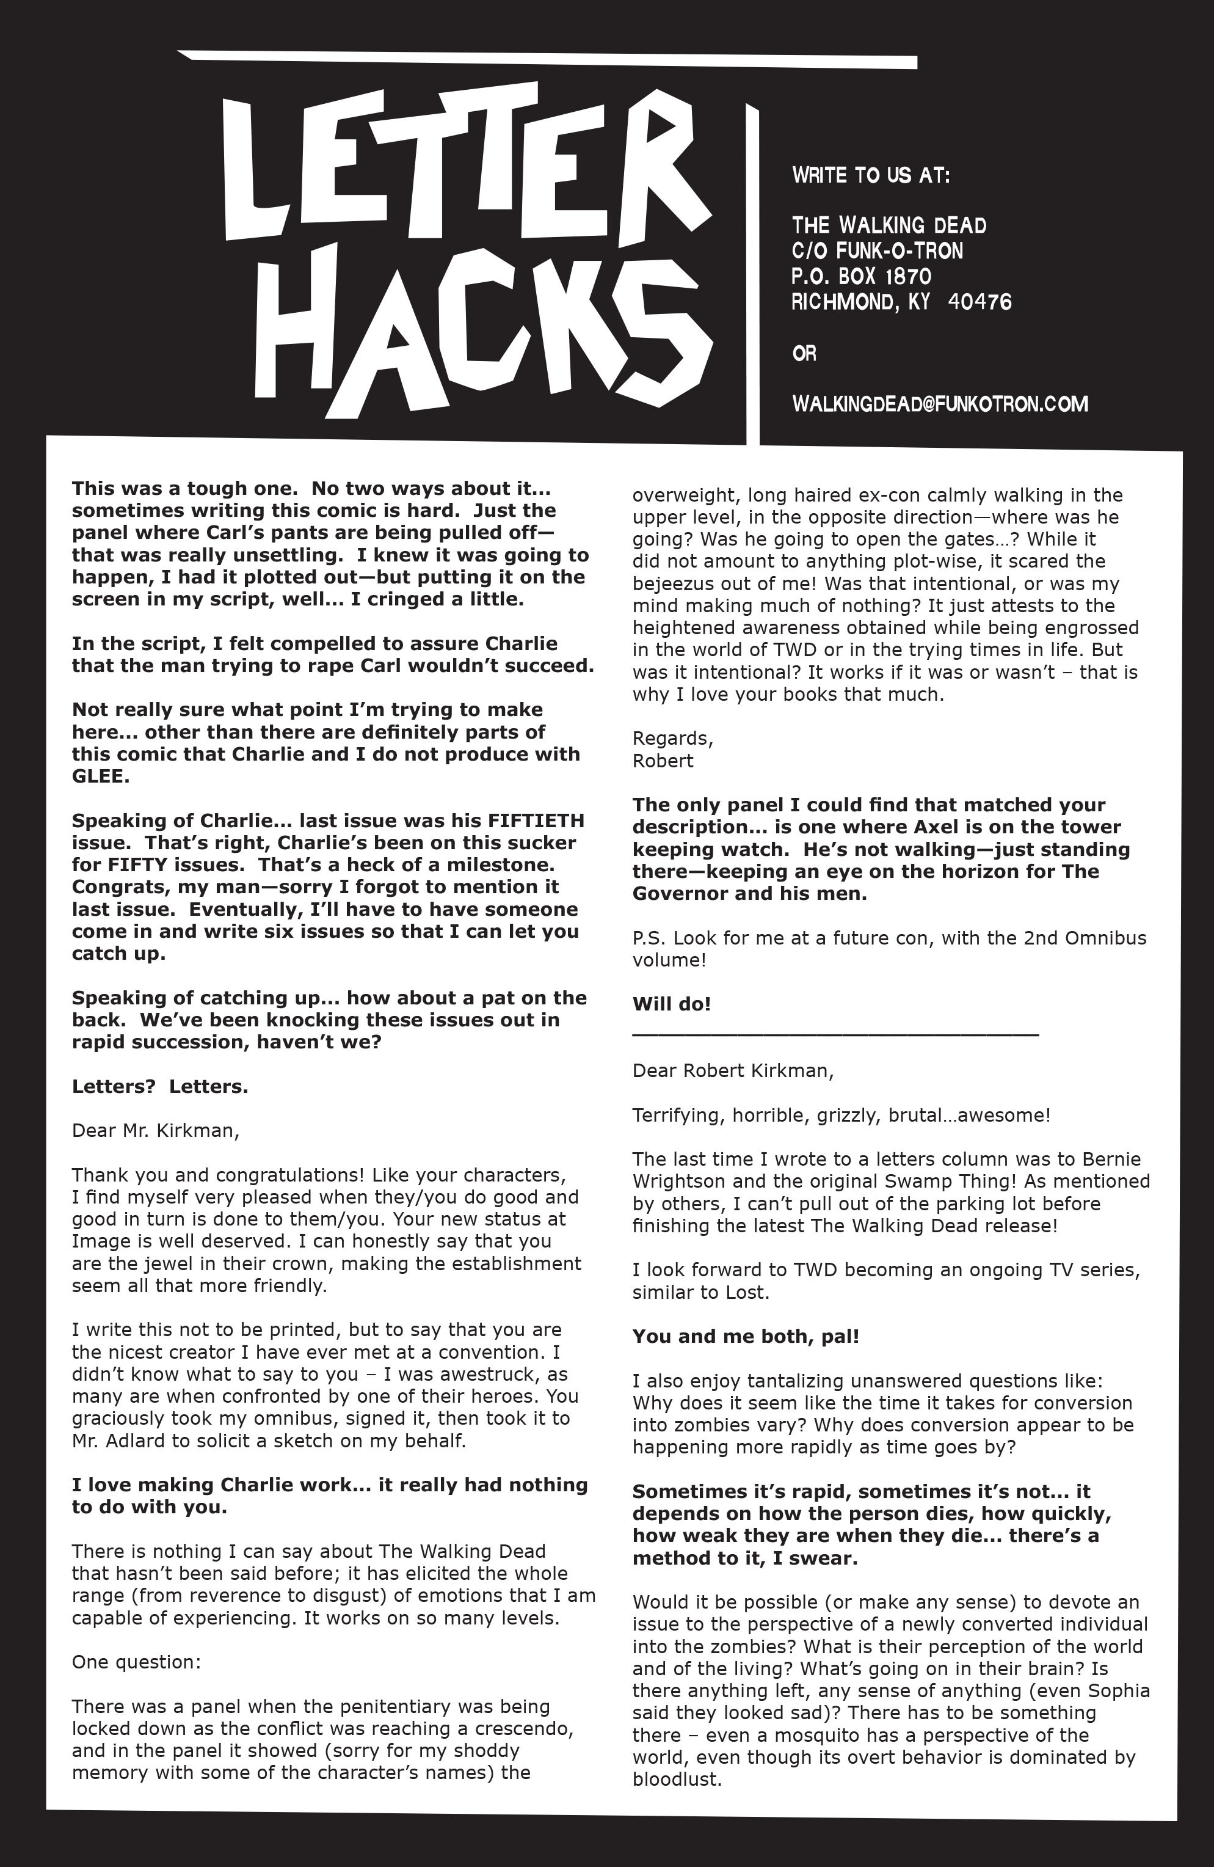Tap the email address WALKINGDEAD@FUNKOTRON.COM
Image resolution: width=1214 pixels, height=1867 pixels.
pos(940,404)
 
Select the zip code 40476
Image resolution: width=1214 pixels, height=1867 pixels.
pos(980,302)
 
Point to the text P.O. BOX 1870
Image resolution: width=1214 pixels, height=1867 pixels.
pos(861,276)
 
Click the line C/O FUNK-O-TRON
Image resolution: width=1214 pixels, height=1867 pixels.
pos(877,251)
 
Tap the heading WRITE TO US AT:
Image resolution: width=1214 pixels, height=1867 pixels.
pos(871,175)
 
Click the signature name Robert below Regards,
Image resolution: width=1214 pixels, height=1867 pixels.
pos(663,761)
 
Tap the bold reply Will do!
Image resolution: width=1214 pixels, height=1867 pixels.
pos(671,1004)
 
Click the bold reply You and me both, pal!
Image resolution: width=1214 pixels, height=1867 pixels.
pos(746,1336)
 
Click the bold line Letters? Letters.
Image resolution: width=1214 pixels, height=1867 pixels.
pos(160,1086)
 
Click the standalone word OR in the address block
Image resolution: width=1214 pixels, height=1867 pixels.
pos(805,354)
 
